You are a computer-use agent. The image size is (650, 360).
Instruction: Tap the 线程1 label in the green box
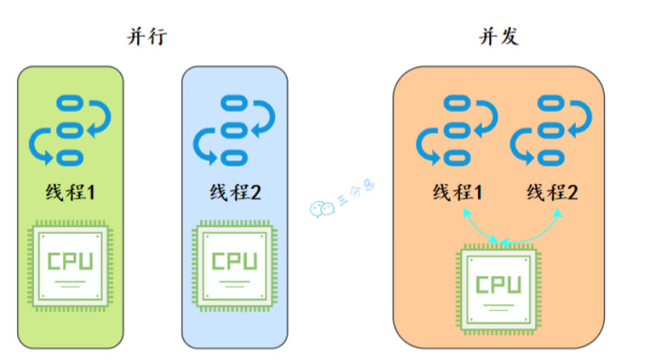coord(71,193)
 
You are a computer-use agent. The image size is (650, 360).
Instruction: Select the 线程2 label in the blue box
coord(235,193)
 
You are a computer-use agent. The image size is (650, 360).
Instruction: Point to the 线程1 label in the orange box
coord(457,193)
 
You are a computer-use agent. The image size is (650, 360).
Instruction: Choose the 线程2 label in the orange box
coord(553,193)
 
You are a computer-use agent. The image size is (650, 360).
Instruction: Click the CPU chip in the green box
coord(70,267)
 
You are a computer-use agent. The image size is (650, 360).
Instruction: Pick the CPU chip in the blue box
coord(234,267)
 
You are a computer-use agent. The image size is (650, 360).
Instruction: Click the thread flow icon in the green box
coord(70,128)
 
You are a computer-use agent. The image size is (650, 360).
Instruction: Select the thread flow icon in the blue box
coord(234,128)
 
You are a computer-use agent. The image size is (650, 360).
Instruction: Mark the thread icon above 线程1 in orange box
coord(456,128)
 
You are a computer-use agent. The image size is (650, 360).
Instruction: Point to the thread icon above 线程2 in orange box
coord(551,128)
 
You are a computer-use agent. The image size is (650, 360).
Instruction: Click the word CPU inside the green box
coord(70,262)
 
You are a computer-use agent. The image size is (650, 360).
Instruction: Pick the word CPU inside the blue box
coord(234,262)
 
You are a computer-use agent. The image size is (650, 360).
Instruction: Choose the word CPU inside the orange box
coord(498,284)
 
